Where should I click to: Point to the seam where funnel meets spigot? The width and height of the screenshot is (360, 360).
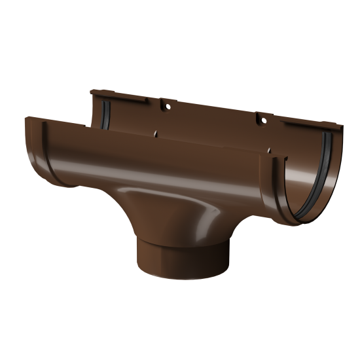pyautogui.click(x=154, y=252)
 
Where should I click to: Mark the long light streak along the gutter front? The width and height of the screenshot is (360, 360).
pyautogui.click(x=131, y=171)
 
